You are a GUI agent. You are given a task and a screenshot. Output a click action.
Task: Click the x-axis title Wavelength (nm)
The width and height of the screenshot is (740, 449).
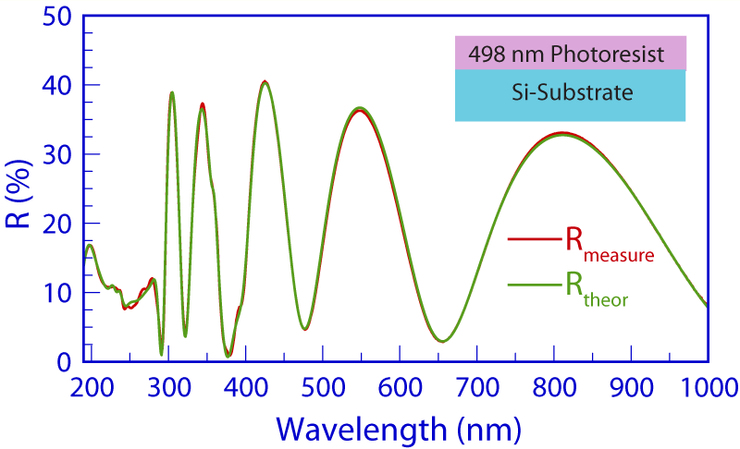(x=400, y=429)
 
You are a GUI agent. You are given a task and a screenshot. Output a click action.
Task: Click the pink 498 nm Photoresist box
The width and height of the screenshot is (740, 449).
(x=570, y=54)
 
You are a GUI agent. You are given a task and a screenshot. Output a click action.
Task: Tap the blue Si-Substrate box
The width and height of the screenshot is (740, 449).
(x=570, y=94)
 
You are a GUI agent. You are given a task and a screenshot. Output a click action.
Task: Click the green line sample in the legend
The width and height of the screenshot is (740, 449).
(x=530, y=288)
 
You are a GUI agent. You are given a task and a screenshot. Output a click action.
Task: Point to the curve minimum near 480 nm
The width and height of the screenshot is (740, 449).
(x=304, y=329)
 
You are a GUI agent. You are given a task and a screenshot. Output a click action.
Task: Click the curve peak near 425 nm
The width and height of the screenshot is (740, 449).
(x=265, y=82)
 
